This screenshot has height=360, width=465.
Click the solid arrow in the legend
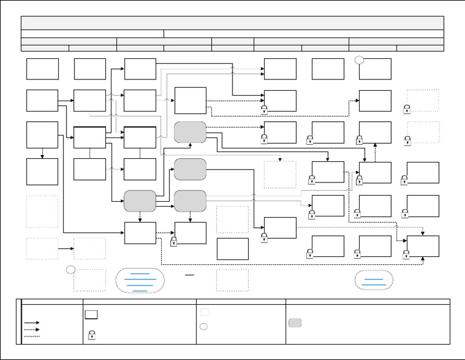[x=31, y=323]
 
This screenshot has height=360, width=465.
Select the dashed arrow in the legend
[x=31, y=330]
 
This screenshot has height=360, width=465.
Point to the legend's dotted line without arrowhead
[x=31, y=336]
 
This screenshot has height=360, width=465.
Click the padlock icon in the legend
[x=91, y=335]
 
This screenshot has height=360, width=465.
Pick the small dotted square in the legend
[x=205, y=312]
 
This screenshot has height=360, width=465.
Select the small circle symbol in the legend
[x=205, y=326]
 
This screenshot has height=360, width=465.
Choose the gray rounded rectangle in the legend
[x=295, y=322]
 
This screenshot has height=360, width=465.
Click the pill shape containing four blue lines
[x=140, y=280]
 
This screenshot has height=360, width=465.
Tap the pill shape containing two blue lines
[x=374, y=280]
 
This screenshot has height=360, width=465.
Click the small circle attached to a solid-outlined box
[x=360, y=59]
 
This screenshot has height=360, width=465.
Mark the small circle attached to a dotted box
[x=71, y=269]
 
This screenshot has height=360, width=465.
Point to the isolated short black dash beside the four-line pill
[x=190, y=275]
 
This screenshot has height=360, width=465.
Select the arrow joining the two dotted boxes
[x=65, y=248]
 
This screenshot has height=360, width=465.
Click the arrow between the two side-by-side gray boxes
[x=165, y=207]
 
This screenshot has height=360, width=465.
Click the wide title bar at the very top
[x=232, y=23]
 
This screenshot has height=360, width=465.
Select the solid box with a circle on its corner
[x=375, y=69]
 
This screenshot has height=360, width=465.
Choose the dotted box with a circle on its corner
[x=90, y=280]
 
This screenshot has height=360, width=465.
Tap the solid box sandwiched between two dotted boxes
[x=232, y=249]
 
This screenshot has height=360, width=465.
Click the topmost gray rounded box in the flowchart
[x=190, y=132]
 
